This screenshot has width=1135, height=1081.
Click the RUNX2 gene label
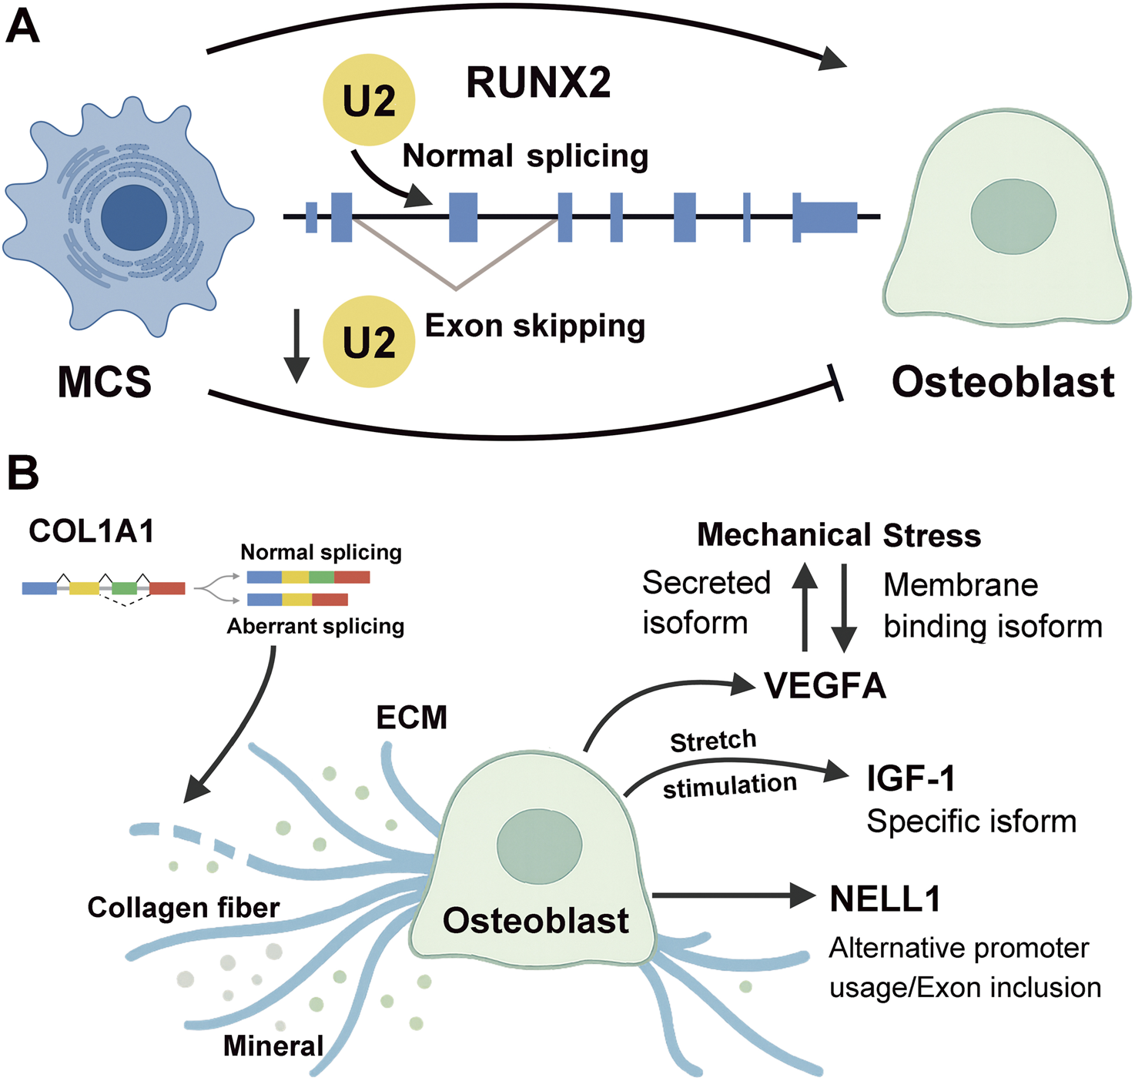point(538,83)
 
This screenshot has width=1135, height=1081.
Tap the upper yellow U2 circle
point(369,100)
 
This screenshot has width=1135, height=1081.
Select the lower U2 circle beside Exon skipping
point(369,342)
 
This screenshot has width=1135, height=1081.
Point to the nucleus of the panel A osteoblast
point(1013,215)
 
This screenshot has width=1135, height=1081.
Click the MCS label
point(105,383)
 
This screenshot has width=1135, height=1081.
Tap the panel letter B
point(22,472)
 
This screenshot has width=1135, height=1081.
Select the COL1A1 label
point(92,532)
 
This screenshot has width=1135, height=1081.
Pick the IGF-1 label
point(911,778)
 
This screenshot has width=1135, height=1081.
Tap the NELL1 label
point(886,899)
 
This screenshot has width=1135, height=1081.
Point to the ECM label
point(411,718)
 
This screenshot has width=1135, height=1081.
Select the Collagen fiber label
point(183,908)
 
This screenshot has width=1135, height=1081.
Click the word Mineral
point(273,1046)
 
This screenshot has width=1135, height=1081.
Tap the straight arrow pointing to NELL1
point(732,895)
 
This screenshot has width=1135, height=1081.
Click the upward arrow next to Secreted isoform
point(805,606)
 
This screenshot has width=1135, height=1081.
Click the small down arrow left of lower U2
point(296,346)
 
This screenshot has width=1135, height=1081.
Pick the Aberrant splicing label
point(315,627)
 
